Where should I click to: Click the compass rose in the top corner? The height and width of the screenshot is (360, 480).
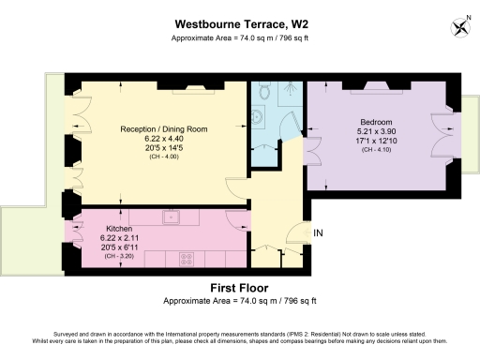(460, 24)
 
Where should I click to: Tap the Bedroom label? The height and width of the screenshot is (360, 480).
(378, 122)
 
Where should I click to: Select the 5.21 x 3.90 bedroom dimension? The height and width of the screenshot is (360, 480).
(378, 131)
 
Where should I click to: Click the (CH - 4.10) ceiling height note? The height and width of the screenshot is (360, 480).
(378, 150)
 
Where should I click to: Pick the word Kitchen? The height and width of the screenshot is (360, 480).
(118, 229)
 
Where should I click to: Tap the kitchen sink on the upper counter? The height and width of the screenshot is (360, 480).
(171, 217)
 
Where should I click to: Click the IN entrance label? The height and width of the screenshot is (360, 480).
(318, 232)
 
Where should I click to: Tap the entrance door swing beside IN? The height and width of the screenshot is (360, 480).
(297, 235)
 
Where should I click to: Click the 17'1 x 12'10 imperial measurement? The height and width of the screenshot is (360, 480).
(378, 141)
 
